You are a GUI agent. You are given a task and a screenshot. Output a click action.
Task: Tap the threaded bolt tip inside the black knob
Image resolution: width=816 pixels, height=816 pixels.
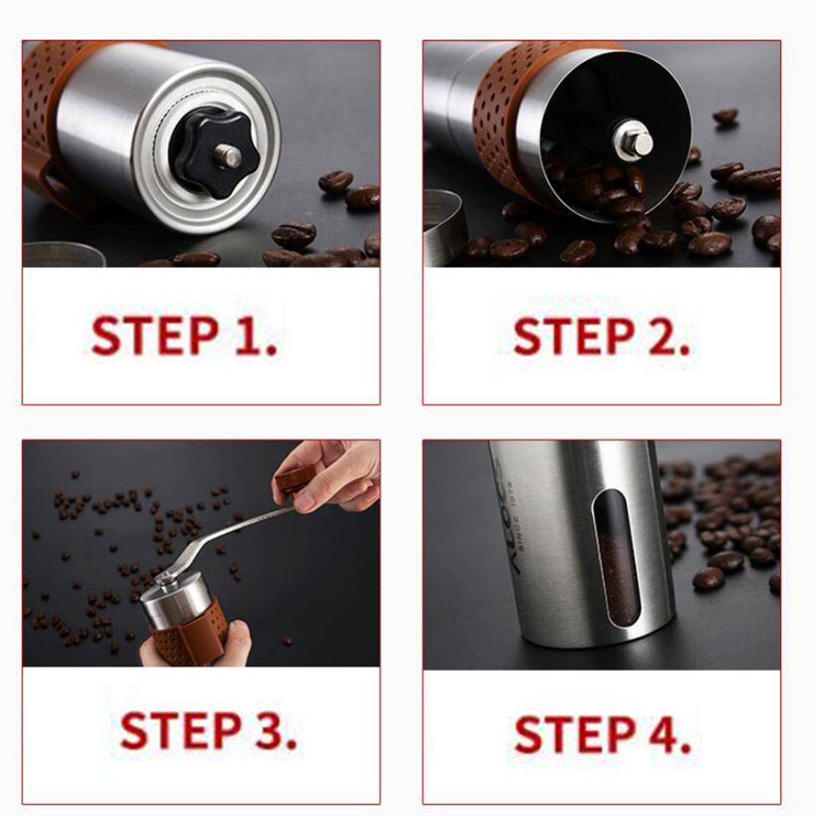click(229, 156)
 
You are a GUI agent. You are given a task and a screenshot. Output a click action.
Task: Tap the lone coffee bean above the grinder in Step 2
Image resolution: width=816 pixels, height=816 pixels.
click(725, 116)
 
